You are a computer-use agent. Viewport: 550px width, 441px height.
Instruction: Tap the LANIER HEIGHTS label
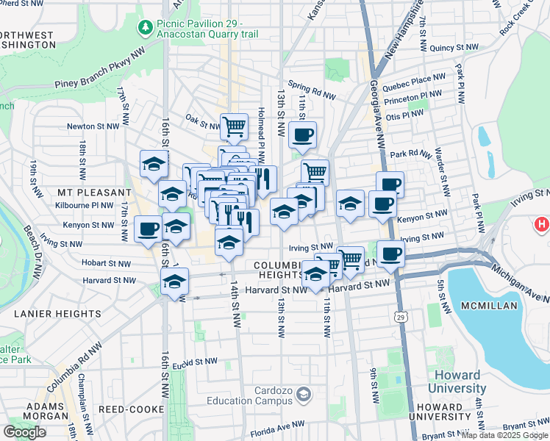(x=57, y=314)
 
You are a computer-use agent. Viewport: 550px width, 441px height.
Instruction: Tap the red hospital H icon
(x=542, y=223)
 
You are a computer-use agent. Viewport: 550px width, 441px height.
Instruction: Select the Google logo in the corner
(x=25, y=431)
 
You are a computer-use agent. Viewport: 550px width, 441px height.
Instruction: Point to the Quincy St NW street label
(x=449, y=47)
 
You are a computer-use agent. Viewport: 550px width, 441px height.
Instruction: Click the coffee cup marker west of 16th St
(x=148, y=229)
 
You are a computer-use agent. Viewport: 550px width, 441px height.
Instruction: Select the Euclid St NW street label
(x=197, y=361)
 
